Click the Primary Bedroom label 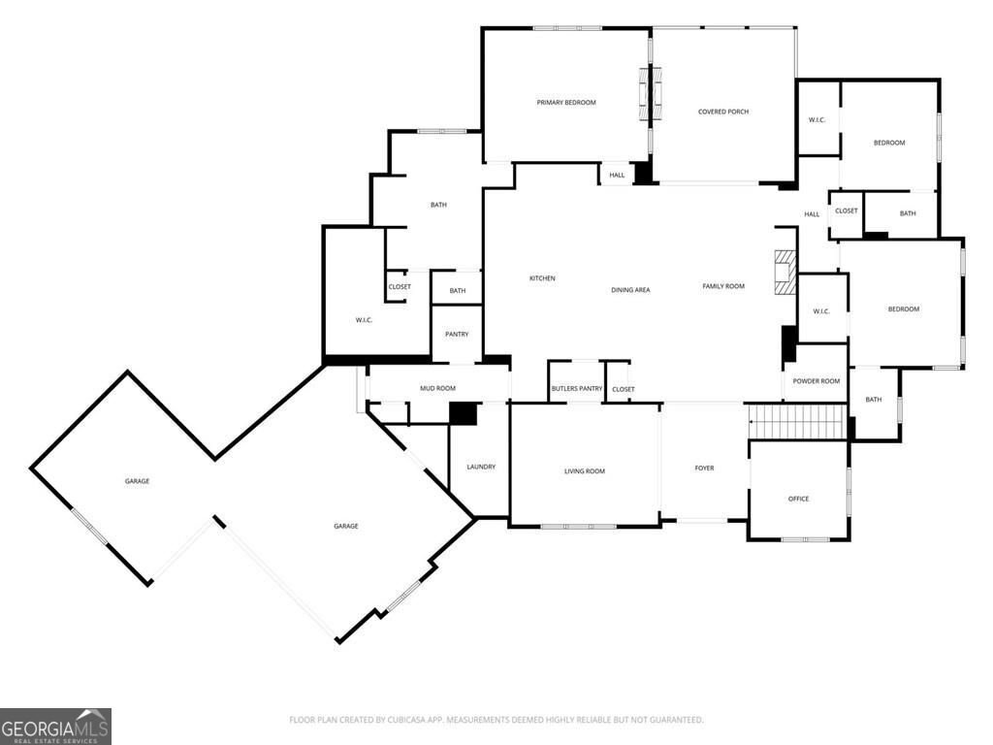point(566,103)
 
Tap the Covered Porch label point(723,112)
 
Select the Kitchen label point(542,278)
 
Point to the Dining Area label point(630,290)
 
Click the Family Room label point(723,286)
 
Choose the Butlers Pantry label point(576,388)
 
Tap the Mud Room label point(437,388)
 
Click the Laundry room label point(481,467)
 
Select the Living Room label point(585,471)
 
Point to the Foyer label point(704,469)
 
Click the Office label point(799,500)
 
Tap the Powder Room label point(817,381)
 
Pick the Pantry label point(457,335)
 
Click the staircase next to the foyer point(798,422)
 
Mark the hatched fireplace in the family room point(785,273)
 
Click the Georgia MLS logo point(55,727)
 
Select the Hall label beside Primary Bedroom point(617,176)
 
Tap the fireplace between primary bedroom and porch point(651,94)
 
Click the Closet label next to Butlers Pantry point(624,390)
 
